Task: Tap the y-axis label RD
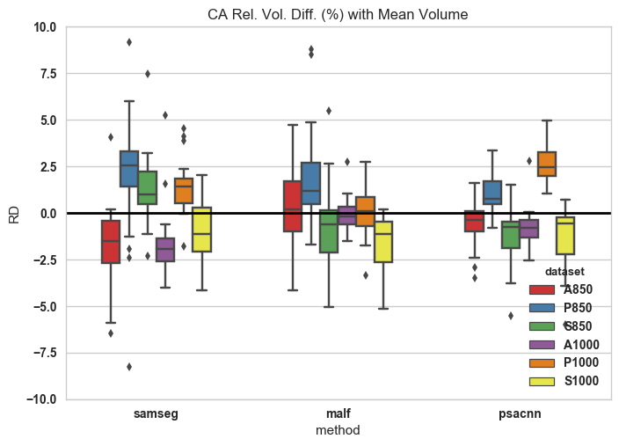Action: [14, 213]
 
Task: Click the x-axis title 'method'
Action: [338, 430]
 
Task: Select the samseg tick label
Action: [157, 413]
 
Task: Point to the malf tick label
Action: [338, 413]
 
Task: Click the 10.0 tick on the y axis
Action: [44, 27]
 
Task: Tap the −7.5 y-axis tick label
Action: [42, 353]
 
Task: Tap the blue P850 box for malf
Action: [310, 183]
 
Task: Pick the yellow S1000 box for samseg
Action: [201, 230]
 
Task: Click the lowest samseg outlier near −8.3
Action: [129, 367]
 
